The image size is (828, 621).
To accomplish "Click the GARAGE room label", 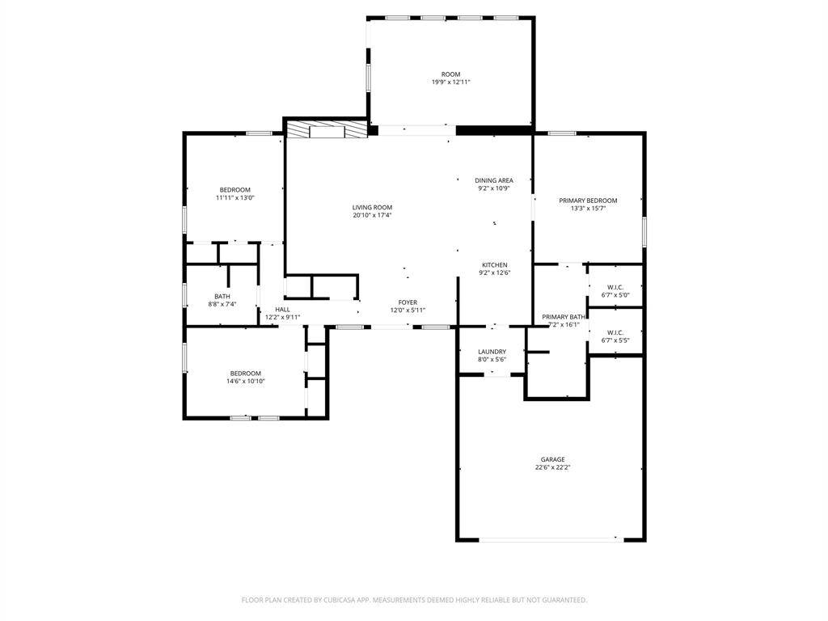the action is (x=552, y=459).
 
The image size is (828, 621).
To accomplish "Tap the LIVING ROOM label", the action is (x=372, y=208).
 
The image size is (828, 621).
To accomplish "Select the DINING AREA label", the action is (x=494, y=180).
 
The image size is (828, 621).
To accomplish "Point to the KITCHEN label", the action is (x=495, y=265).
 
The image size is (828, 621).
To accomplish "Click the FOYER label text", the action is (x=408, y=302).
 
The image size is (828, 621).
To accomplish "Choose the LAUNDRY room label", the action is (x=492, y=352).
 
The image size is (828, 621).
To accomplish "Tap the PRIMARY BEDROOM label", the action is (x=589, y=201).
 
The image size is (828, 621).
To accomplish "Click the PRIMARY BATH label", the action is (x=564, y=317).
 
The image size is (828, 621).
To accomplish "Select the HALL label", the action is (x=282, y=310).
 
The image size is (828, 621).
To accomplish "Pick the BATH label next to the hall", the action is (x=222, y=297).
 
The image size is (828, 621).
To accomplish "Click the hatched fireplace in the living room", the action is (x=326, y=129).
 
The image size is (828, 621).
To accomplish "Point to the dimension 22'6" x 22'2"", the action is (x=552, y=467).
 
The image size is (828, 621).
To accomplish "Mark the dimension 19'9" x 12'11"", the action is (x=451, y=82).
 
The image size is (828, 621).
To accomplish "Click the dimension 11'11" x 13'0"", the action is (x=235, y=198).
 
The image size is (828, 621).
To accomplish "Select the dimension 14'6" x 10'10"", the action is (x=246, y=382).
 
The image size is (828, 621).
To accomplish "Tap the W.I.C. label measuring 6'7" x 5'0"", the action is (x=615, y=288).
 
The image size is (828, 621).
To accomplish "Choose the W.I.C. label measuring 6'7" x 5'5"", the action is (x=615, y=332).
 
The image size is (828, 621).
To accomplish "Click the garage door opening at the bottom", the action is (x=551, y=539).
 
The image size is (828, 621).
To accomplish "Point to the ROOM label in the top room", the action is (x=451, y=74).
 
